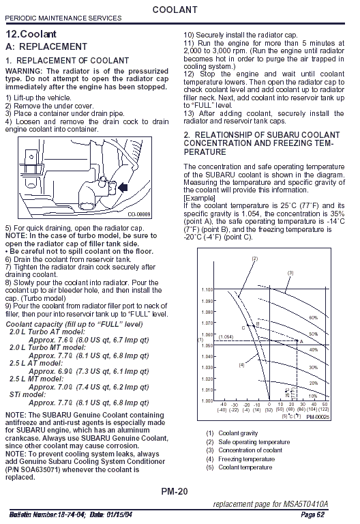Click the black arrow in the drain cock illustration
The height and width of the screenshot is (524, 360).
(x=123, y=187)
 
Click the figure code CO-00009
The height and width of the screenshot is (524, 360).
(x=139, y=214)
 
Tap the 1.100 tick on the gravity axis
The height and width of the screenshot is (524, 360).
(x=207, y=290)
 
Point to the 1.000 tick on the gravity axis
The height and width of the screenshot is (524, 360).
(x=207, y=401)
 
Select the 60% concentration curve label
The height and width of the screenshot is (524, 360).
(x=313, y=317)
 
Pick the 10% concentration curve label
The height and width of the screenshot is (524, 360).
(x=313, y=396)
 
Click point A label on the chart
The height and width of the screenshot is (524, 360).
(x=301, y=342)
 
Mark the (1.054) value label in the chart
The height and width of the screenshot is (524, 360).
(x=226, y=337)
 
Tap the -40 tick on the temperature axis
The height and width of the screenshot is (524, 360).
(x=223, y=405)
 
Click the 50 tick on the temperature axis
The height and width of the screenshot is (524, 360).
(x=325, y=405)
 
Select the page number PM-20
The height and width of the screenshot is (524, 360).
(x=175, y=491)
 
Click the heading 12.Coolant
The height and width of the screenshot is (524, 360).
(x=31, y=34)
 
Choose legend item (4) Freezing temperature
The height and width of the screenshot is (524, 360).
(x=241, y=459)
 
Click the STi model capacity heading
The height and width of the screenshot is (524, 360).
(x=28, y=394)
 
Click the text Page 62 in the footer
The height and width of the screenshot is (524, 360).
(x=312, y=514)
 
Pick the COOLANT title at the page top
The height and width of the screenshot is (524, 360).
(x=175, y=10)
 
